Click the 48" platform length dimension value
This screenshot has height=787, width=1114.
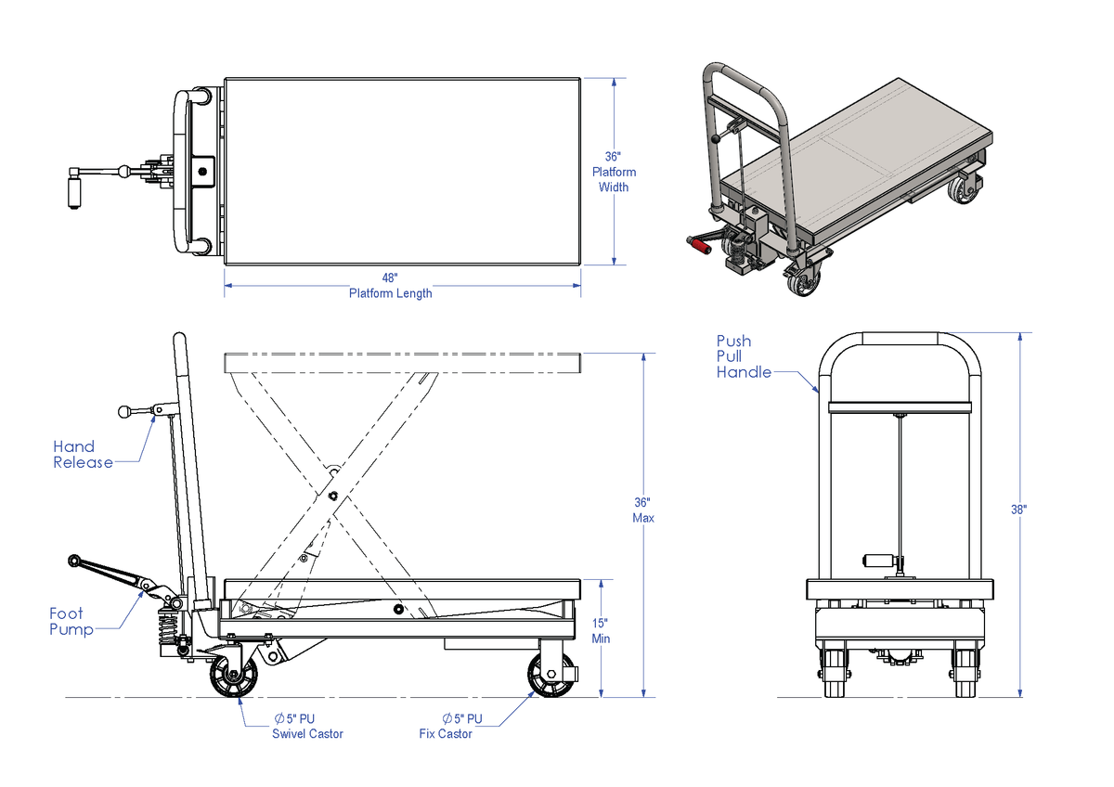point(390,277)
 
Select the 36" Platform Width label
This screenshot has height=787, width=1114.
point(614,172)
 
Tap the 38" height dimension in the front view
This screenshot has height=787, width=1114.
point(1018,510)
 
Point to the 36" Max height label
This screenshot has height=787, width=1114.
point(642,510)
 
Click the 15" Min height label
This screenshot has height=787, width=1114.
point(601,631)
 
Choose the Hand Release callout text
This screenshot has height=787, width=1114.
point(83,455)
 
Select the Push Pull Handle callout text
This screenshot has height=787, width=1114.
point(744,356)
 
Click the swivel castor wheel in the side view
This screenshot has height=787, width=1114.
point(232,677)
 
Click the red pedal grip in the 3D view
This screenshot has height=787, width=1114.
point(697,244)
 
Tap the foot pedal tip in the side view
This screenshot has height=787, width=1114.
point(73,560)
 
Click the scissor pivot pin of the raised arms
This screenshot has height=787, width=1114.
point(332,496)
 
